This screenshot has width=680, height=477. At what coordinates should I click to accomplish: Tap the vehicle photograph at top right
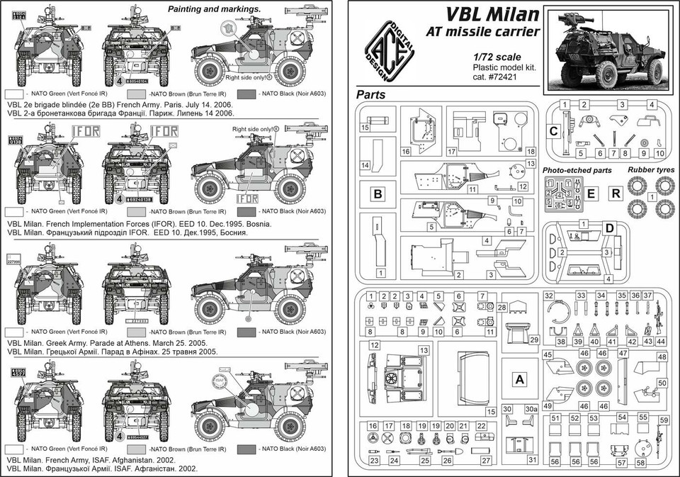tap(609, 49)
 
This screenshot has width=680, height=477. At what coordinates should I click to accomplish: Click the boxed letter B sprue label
tap(378, 193)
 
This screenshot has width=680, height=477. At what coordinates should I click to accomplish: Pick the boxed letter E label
tap(592, 192)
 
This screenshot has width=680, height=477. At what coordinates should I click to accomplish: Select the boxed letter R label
tap(616, 192)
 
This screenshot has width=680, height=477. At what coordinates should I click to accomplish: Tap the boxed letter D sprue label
tap(608, 228)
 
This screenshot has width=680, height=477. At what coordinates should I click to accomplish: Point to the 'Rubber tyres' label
tap(651, 170)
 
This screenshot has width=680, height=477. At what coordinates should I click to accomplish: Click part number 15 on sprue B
tap(364, 128)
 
